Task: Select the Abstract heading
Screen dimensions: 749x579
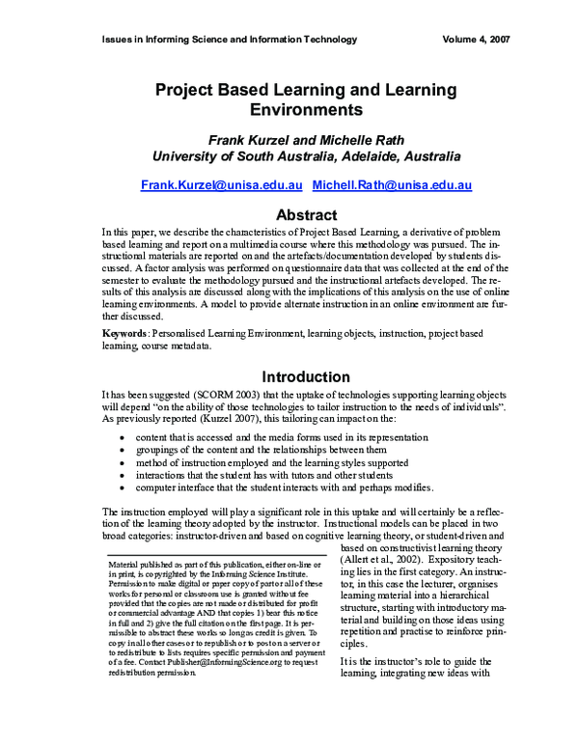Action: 305,214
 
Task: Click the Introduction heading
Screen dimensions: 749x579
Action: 305,376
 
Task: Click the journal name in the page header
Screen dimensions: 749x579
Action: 229,40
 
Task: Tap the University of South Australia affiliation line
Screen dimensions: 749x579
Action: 305,155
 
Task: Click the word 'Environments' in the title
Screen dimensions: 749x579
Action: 305,111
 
